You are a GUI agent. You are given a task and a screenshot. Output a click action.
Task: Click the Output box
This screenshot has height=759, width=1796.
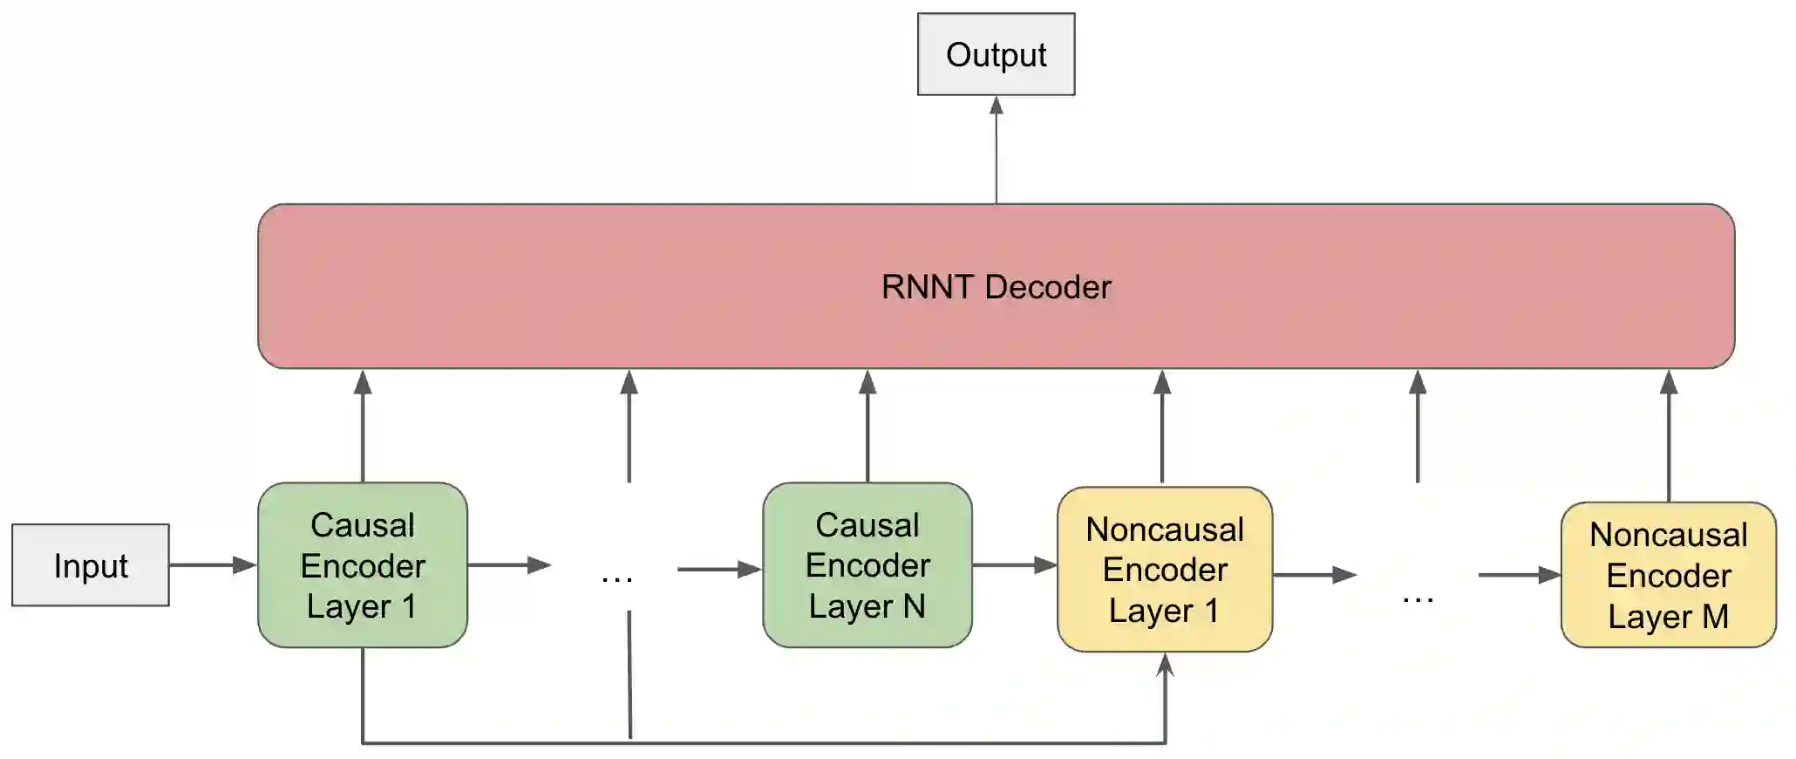click(996, 54)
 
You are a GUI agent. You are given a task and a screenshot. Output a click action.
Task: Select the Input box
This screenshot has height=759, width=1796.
click(91, 565)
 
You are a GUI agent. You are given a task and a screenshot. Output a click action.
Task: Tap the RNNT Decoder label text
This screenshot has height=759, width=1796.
click(996, 287)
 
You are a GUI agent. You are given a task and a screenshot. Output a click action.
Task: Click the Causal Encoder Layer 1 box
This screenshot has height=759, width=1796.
click(363, 565)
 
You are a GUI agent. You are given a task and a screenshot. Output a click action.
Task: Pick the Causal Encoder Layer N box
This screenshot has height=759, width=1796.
click(867, 565)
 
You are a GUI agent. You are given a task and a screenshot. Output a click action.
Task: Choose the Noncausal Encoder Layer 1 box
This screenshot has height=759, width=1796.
click(1165, 569)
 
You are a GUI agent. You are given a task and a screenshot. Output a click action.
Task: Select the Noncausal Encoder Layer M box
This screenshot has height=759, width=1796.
click(1669, 575)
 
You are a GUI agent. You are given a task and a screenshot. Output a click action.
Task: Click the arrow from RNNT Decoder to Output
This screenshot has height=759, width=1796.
click(997, 150)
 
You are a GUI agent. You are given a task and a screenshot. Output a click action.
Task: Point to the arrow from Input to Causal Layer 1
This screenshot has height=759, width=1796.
click(214, 565)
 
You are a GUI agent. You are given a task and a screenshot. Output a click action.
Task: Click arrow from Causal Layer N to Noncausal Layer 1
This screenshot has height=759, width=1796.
click(1015, 565)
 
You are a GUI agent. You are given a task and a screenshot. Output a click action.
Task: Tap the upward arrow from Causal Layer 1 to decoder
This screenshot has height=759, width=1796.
click(363, 426)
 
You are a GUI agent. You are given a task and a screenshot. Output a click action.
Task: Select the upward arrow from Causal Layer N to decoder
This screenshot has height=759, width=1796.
click(867, 426)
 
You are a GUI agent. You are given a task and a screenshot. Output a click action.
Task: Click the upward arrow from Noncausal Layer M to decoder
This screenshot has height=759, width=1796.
click(1669, 435)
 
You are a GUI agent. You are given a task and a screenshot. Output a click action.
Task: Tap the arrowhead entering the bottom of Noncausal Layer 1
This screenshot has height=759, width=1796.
click(1166, 665)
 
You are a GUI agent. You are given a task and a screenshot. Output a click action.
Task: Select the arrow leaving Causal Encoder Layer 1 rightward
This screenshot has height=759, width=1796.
click(510, 565)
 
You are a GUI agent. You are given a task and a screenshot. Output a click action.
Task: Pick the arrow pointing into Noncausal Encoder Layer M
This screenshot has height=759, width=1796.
click(1520, 575)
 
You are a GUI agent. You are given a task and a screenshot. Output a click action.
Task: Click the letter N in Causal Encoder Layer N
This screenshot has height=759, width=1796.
click(914, 606)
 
